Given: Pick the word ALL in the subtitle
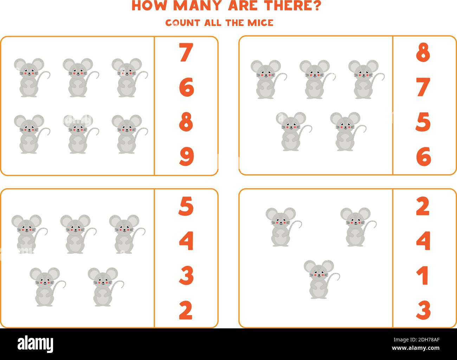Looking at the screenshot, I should [213, 22].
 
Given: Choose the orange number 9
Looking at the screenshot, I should [186, 157].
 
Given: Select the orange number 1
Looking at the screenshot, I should [423, 275].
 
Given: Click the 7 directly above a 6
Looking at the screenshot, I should [186, 53].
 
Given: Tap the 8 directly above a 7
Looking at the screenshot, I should [423, 53].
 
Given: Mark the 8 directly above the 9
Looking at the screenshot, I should [186, 122].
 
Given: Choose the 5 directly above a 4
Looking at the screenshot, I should [186, 207].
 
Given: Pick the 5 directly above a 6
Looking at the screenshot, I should [423, 122].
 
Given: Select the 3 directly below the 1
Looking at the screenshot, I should [423, 309].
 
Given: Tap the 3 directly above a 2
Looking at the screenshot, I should [186, 276].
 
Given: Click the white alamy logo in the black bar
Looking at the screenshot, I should [36, 343].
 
